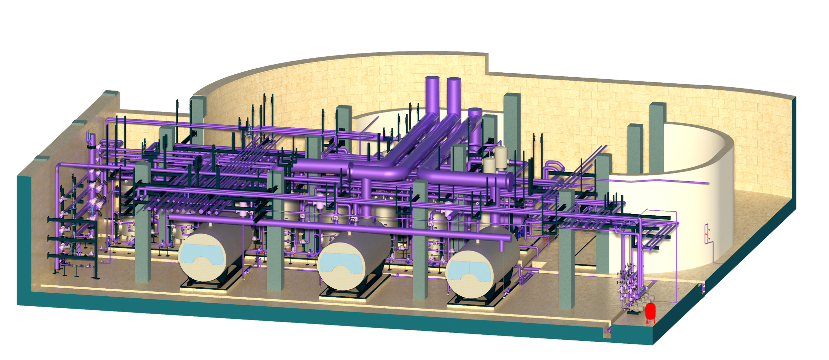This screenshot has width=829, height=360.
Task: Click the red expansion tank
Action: tap(650, 312)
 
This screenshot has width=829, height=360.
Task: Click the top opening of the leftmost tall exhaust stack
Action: tap(432, 78)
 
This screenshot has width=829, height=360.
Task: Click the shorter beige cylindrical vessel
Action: tap(489, 166)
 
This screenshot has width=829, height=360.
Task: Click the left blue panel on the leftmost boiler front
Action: tap(192, 254)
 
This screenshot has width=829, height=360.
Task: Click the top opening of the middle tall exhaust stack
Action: tap(454, 79)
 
